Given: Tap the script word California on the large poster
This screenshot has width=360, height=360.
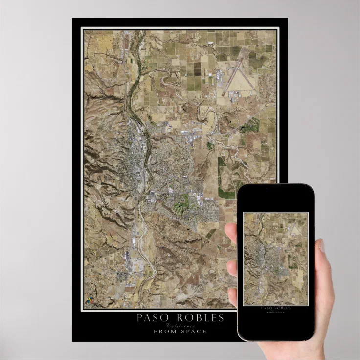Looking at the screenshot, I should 180,326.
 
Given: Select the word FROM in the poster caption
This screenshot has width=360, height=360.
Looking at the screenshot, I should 164,331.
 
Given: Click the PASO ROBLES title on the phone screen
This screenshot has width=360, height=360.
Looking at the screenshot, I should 276,308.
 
